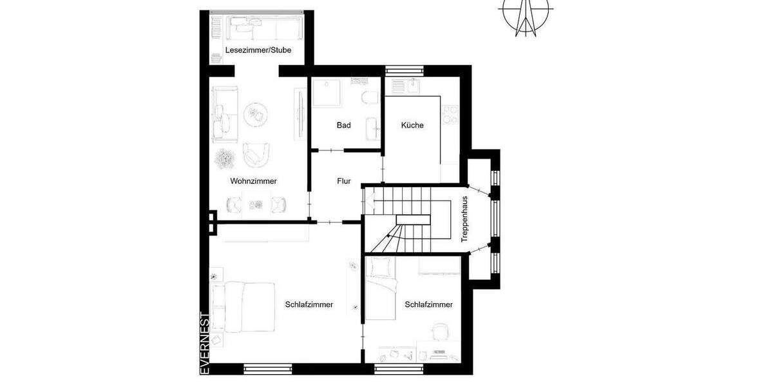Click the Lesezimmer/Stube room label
point(258,50)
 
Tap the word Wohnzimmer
point(253,181)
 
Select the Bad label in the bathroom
point(343,125)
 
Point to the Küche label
point(412,125)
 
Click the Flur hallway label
point(343,181)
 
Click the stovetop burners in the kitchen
point(450,114)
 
